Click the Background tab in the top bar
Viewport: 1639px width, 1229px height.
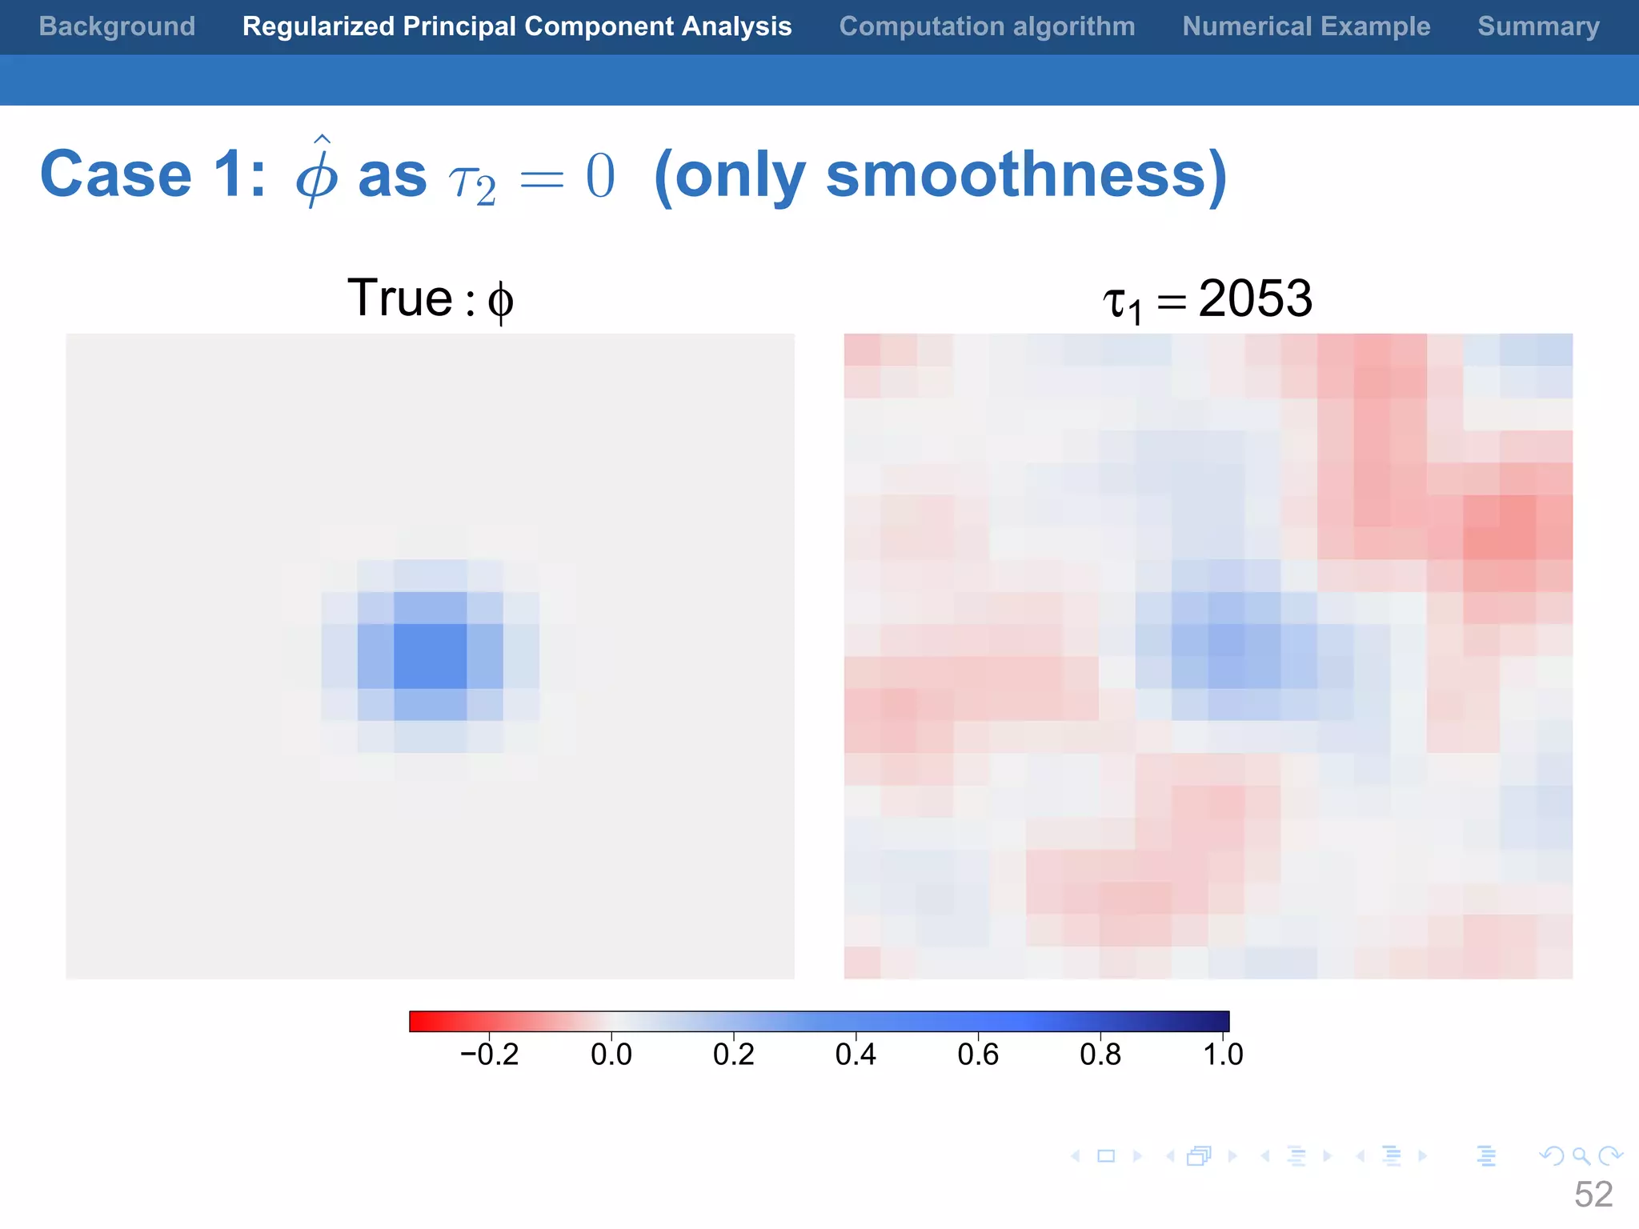pos(117,26)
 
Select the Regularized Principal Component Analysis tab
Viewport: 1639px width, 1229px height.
pos(517,26)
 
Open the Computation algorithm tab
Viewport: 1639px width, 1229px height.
pos(987,26)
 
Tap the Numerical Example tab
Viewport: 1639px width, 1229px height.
pos(1306,26)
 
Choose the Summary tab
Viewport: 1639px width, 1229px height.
pos(1538,26)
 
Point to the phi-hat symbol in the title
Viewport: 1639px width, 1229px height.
pos(317,174)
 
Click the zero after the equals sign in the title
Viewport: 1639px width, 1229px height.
pos(600,176)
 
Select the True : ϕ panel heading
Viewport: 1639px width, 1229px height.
pos(431,299)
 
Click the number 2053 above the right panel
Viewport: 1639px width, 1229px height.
pos(1255,299)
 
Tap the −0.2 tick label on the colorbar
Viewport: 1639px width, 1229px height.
pos(489,1055)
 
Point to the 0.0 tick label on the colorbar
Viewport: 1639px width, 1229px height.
pos(611,1055)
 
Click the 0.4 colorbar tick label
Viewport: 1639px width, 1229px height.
pos(856,1055)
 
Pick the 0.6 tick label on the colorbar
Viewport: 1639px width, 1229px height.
pos(978,1055)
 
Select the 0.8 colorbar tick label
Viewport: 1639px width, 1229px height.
pos(1100,1055)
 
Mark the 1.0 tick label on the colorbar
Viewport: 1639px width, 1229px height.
pos(1223,1055)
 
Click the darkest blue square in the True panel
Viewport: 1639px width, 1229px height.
pos(431,656)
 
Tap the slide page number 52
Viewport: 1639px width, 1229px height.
pos(1593,1195)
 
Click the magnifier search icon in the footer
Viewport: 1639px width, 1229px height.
pos(1581,1156)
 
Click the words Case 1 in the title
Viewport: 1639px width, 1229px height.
pos(152,174)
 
